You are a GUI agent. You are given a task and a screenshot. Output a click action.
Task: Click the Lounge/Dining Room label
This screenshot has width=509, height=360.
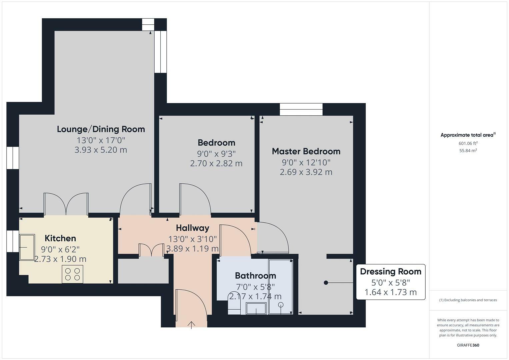101,129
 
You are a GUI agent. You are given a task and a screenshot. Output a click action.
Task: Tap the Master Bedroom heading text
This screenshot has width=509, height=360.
306,151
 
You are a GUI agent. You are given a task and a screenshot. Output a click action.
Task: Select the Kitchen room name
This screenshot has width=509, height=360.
60,238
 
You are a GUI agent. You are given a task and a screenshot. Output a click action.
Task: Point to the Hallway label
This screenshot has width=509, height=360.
192,228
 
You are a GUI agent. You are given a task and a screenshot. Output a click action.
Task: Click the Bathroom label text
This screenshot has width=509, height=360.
255,276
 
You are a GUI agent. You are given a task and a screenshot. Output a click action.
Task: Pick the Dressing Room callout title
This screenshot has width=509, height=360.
390,272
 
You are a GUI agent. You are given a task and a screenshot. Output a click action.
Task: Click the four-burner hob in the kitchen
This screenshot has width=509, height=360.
72,274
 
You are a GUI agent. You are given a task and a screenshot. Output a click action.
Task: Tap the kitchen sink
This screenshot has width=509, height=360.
27,247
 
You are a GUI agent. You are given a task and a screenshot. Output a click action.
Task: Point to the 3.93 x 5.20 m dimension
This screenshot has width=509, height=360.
101,150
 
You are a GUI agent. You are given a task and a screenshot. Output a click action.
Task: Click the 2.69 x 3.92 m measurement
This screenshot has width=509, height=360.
306,172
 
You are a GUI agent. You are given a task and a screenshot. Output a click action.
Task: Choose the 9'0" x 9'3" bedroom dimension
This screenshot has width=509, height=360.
216,154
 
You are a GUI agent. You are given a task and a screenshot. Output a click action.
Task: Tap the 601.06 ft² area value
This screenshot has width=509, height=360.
468,143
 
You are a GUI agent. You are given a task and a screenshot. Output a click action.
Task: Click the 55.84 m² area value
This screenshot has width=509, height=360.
468,151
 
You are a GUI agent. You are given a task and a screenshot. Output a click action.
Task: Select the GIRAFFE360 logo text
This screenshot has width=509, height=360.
468,345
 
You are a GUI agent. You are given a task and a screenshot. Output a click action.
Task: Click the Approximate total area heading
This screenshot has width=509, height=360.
467,135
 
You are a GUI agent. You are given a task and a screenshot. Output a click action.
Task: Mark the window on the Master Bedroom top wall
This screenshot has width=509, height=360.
301,109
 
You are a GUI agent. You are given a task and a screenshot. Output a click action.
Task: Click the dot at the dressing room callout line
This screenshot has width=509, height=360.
326,283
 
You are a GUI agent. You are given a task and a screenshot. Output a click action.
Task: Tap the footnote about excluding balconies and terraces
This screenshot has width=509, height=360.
468,300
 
